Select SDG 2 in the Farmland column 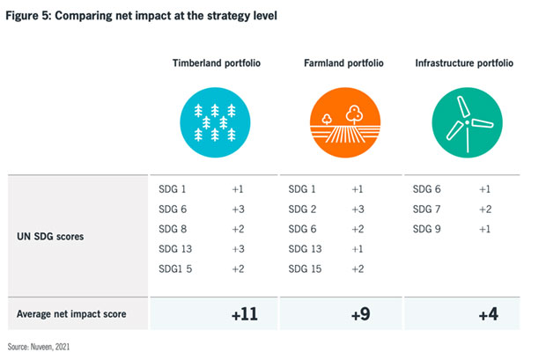(x=303, y=209)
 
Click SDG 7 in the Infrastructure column (x=427, y=209)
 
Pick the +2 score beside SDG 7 (x=485, y=209)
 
